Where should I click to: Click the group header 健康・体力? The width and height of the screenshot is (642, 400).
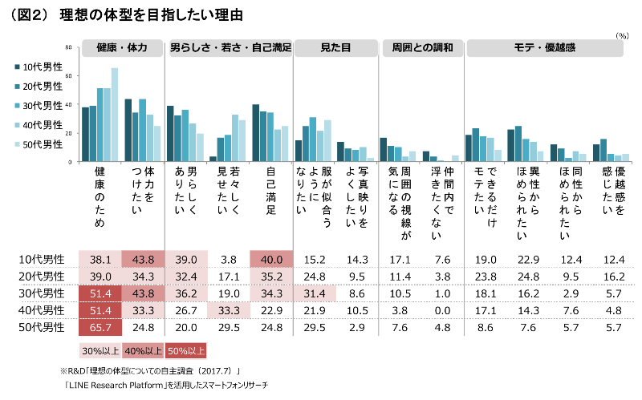click(x=121, y=48)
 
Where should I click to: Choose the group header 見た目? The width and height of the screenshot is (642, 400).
click(x=335, y=48)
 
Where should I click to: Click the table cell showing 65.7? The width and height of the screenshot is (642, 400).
click(x=100, y=327)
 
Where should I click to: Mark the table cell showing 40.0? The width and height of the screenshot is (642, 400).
click(x=270, y=259)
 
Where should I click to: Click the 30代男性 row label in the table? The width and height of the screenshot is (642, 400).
click(x=42, y=293)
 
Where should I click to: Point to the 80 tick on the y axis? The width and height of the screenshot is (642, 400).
click(x=69, y=47)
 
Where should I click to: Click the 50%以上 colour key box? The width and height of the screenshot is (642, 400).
click(x=185, y=349)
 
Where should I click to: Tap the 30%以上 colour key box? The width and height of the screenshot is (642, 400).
click(x=100, y=349)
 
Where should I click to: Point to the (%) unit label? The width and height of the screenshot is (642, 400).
click(x=622, y=35)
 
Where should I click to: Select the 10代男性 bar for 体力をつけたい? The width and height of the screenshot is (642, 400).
click(x=128, y=131)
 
